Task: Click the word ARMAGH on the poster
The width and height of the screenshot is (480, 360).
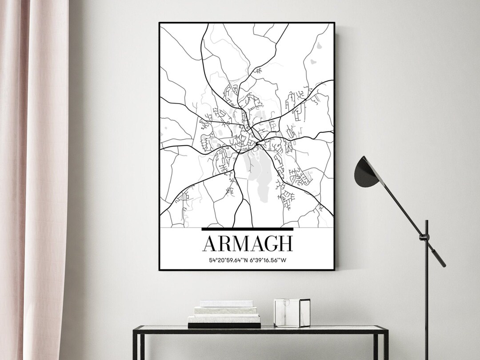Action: click(x=248, y=244)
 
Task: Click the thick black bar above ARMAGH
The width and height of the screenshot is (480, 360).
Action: click(x=248, y=229)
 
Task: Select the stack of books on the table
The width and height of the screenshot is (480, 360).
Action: click(x=224, y=314)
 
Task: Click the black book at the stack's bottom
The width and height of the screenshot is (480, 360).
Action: click(x=224, y=325)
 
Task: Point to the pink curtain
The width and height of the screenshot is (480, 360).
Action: click(x=33, y=178)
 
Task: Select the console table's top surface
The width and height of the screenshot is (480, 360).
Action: click(x=260, y=329)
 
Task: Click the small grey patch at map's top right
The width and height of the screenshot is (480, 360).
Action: click(x=319, y=46)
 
